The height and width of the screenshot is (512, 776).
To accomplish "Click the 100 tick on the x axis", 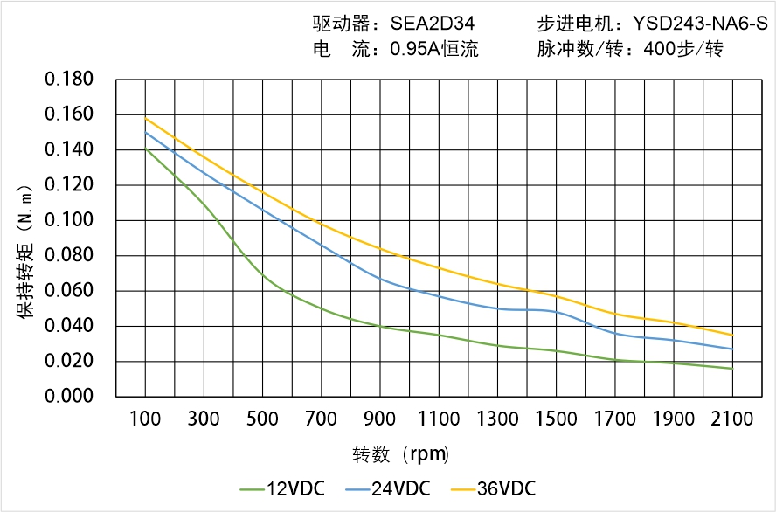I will point(145,419).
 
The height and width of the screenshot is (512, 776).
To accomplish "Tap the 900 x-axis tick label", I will point(380,419).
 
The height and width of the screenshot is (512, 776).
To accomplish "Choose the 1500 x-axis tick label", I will point(556,419).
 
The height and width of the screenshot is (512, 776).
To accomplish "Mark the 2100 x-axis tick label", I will point(732,419).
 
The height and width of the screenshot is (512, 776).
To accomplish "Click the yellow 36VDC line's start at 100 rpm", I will point(145,118).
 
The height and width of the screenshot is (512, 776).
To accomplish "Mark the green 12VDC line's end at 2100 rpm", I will point(732,369).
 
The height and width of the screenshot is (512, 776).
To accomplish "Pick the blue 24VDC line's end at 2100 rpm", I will point(732,349).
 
